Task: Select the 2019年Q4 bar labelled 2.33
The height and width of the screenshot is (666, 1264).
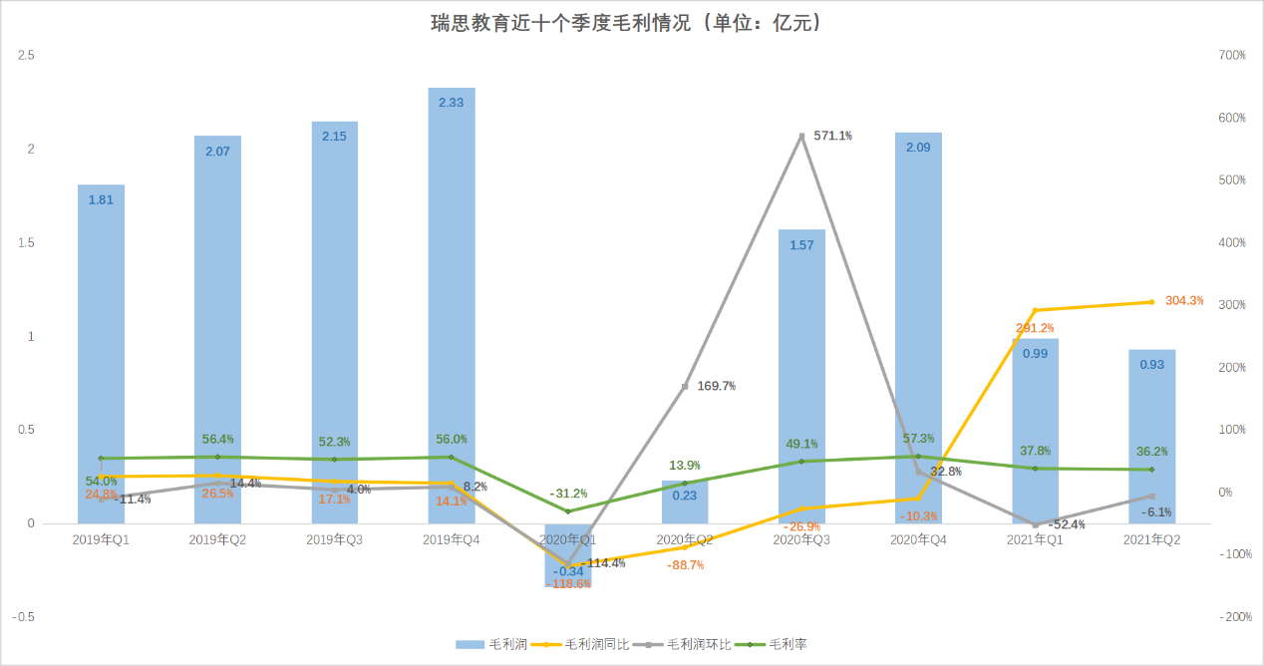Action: click(x=452, y=299)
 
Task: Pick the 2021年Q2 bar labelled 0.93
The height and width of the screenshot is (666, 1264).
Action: click(x=1151, y=439)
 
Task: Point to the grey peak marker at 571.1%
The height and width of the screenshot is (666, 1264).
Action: click(x=801, y=136)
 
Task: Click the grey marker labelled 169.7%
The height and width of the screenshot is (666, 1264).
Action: click(x=685, y=386)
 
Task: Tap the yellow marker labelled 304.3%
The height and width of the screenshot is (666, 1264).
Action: click(x=1151, y=302)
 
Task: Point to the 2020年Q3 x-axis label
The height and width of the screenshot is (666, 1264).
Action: click(x=801, y=539)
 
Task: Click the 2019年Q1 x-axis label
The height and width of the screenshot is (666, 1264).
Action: click(x=102, y=539)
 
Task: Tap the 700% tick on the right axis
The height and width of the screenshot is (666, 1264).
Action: click(x=1232, y=56)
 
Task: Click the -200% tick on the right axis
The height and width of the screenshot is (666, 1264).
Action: click(x=1232, y=617)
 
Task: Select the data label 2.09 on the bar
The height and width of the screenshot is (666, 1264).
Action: click(x=918, y=148)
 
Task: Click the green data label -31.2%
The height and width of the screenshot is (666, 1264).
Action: click(x=568, y=493)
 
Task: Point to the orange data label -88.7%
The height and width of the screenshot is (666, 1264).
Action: click(x=685, y=564)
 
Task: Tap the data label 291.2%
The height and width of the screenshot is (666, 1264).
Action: click(x=1035, y=327)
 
